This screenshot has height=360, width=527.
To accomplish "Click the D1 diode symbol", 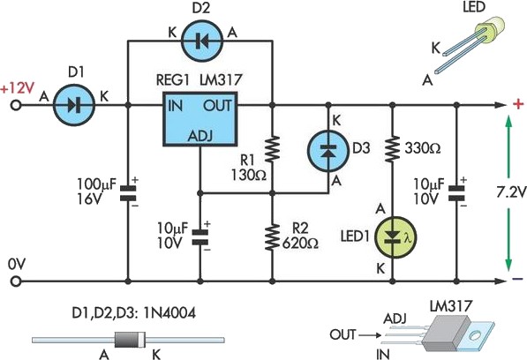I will coord(72,105).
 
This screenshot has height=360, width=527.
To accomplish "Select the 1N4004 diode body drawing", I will coord(123,340).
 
